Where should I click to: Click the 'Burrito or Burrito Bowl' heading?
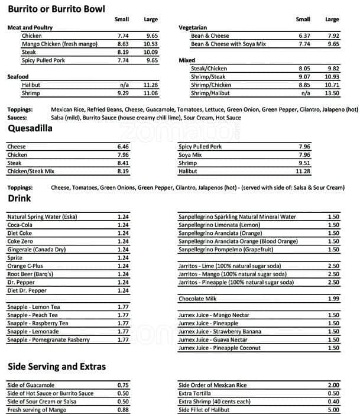(56, 9)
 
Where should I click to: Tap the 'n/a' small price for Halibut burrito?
(124, 85)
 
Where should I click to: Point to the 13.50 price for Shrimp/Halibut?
(332, 93)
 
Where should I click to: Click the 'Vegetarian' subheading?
(193, 28)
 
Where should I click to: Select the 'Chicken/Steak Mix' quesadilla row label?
(31, 171)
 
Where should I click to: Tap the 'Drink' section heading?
(19, 199)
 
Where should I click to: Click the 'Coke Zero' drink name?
(21, 241)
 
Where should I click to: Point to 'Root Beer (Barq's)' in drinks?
(29, 274)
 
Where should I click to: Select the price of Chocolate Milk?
(333, 299)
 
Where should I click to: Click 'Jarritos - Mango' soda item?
(232, 274)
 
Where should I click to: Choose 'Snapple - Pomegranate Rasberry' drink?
(48, 340)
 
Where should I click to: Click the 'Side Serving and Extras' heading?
(57, 367)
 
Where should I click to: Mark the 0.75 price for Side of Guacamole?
(123, 385)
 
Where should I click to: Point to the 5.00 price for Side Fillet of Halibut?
(333, 410)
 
